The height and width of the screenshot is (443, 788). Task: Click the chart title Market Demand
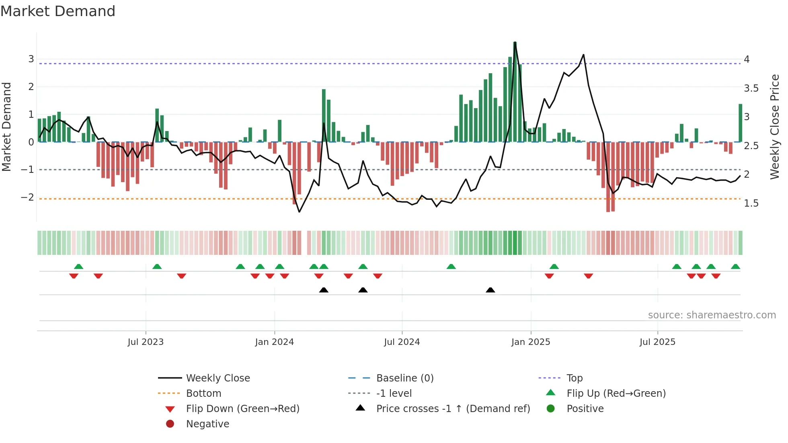[x=58, y=11]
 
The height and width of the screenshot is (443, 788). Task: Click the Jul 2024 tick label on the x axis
[x=402, y=342]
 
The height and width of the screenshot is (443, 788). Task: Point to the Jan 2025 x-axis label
[x=530, y=342]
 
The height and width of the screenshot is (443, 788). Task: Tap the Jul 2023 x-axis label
[x=146, y=342]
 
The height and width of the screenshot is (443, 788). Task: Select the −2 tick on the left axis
[x=27, y=197]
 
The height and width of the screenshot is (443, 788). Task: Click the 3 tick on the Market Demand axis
[x=31, y=59]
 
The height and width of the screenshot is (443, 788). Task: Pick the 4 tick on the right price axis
[x=747, y=59]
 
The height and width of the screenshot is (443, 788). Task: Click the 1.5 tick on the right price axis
[x=751, y=203]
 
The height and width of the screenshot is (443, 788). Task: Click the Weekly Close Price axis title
[x=774, y=127]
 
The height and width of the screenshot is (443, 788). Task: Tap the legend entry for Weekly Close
[x=218, y=378]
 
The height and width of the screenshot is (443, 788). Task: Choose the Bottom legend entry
[x=203, y=394]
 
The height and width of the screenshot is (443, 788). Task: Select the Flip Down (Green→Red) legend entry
[x=242, y=409]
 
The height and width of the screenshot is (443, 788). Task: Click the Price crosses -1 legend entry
[x=453, y=409]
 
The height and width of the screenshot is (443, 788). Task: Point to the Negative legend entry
[x=207, y=424]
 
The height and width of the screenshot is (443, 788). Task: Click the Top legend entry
[x=574, y=378]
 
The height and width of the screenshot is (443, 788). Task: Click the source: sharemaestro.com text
[x=712, y=315]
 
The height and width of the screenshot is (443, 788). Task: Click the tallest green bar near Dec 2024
[x=515, y=92]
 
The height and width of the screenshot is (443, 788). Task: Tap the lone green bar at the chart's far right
[x=740, y=123]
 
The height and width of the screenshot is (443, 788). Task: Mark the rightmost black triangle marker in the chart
[x=490, y=290]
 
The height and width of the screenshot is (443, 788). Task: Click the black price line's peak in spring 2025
[x=583, y=55]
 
